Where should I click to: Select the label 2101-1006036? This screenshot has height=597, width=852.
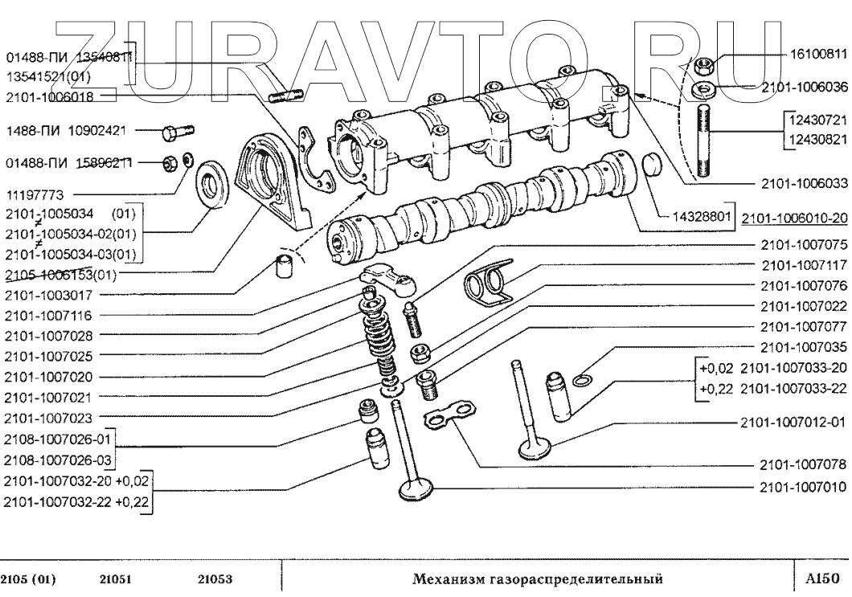[804, 88]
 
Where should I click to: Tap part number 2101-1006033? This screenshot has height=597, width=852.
[804, 182]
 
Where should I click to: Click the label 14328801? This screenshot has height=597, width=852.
[702, 215]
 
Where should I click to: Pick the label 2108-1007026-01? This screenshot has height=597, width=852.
[56, 440]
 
